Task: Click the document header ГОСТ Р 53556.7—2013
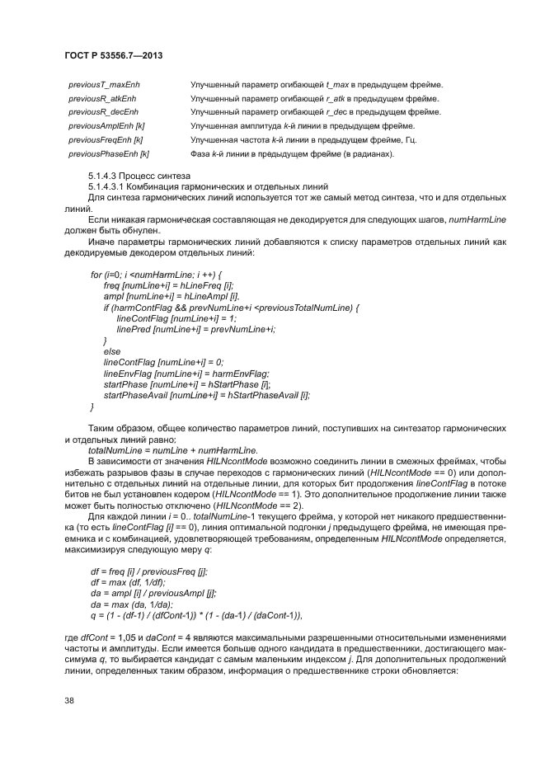pos(112,55)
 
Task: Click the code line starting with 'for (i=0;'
pos(154,274)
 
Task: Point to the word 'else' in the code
pos(111,351)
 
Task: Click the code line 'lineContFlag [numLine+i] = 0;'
pos(163,362)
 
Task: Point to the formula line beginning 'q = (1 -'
pos(196,615)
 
